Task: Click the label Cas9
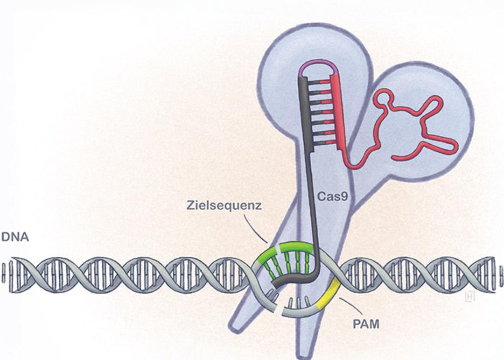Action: pos(332,196)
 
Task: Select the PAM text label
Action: pos(366,324)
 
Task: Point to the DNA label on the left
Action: pos(15,237)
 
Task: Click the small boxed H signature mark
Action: pos(469,297)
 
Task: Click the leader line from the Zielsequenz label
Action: pos(256,229)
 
